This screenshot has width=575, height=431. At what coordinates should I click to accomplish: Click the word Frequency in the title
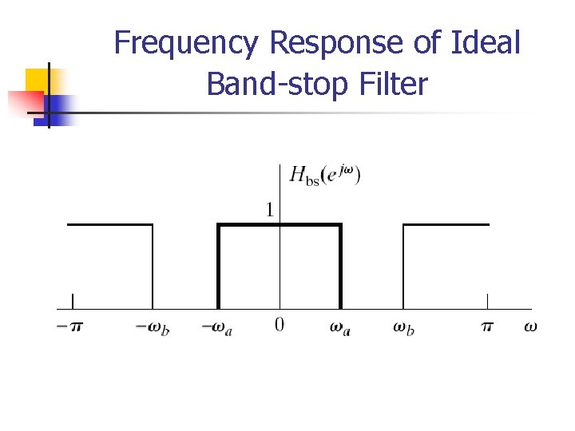click(x=186, y=42)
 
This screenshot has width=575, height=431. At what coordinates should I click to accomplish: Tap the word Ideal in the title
click(x=487, y=42)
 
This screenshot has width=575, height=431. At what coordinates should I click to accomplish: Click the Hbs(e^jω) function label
click(x=325, y=175)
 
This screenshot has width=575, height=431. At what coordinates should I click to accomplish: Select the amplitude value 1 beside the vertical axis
click(x=270, y=210)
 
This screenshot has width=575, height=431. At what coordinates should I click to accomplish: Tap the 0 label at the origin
click(x=279, y=326)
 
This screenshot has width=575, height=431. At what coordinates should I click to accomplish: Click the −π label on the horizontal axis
click(x=69, y=327)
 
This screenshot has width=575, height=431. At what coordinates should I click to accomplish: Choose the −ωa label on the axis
click(x=216, y=327)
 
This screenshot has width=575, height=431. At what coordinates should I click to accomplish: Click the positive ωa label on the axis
click(x=340, y=327)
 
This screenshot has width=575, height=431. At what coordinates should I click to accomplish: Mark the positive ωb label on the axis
click(x=403, y=327)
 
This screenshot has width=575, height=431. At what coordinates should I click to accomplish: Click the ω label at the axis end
click(x=530, y=326)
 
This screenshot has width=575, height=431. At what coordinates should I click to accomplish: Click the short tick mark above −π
click(x=73, y=302)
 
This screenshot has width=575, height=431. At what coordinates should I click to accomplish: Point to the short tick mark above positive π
click(x=488, y=302)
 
